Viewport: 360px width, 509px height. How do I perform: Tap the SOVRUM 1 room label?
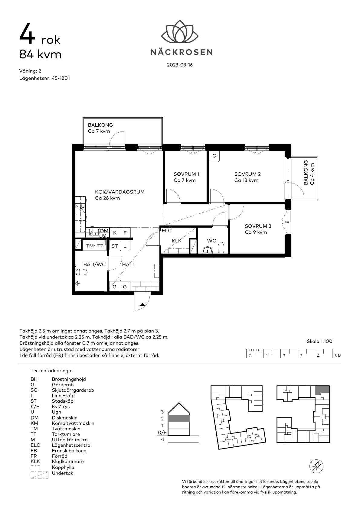tap(186, 174)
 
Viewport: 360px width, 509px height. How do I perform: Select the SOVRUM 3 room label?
tap(258, 226)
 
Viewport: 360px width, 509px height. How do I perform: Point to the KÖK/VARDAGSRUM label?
tap(120, 192)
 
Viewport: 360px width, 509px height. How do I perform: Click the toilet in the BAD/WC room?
tap(82, 273)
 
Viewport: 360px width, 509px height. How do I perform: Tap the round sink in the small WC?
tap(208, 250)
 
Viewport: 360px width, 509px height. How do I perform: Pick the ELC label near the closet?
tap(167, 231)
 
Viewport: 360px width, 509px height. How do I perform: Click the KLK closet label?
tap(176, 241)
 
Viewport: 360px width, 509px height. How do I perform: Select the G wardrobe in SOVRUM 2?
tap(214, 156)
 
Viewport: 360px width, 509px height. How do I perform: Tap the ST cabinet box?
tap(114, 246)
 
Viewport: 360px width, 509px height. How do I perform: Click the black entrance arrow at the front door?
tap(142, 304)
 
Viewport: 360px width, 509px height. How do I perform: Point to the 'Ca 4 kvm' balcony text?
tap(313, 174)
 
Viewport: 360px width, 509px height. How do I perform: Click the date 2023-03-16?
tap(180, 65)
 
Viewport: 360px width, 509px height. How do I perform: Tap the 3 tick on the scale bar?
tap(301, 356)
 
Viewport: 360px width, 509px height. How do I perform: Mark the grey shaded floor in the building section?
tap(179, 419)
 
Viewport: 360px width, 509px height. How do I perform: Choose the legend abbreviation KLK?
tap(36, 462)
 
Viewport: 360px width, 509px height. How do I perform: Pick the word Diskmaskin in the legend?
tap(64, 418)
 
